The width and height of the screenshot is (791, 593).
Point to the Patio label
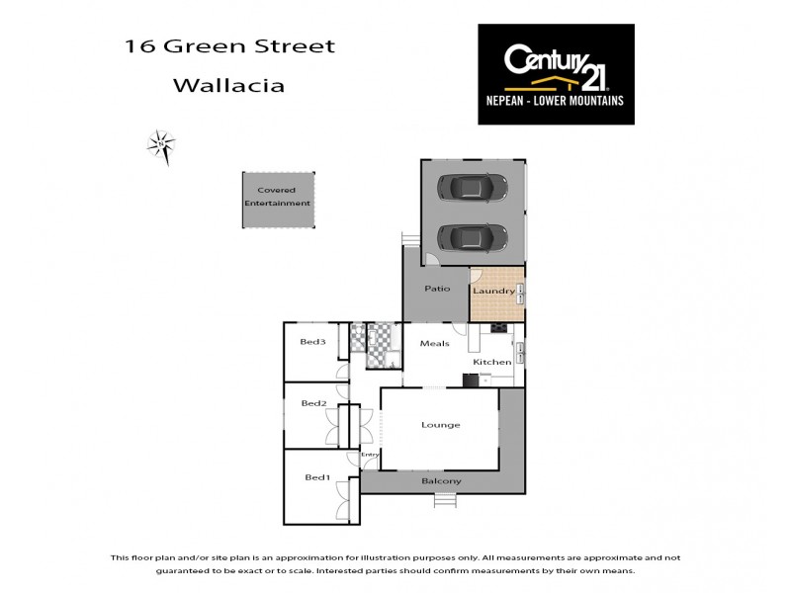437,289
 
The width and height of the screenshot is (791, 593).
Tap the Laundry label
491,291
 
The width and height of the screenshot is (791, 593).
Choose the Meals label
435,344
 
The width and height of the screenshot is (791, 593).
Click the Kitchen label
491,363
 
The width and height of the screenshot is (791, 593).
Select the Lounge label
441,425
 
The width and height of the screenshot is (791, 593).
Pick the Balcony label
441,481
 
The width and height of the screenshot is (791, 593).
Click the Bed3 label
312,342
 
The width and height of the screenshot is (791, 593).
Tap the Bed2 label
314,403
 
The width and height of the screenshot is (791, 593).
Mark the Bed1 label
316,477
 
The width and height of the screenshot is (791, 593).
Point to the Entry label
370,455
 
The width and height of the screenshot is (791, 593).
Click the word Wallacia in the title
228,85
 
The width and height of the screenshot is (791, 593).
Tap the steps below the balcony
446,499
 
